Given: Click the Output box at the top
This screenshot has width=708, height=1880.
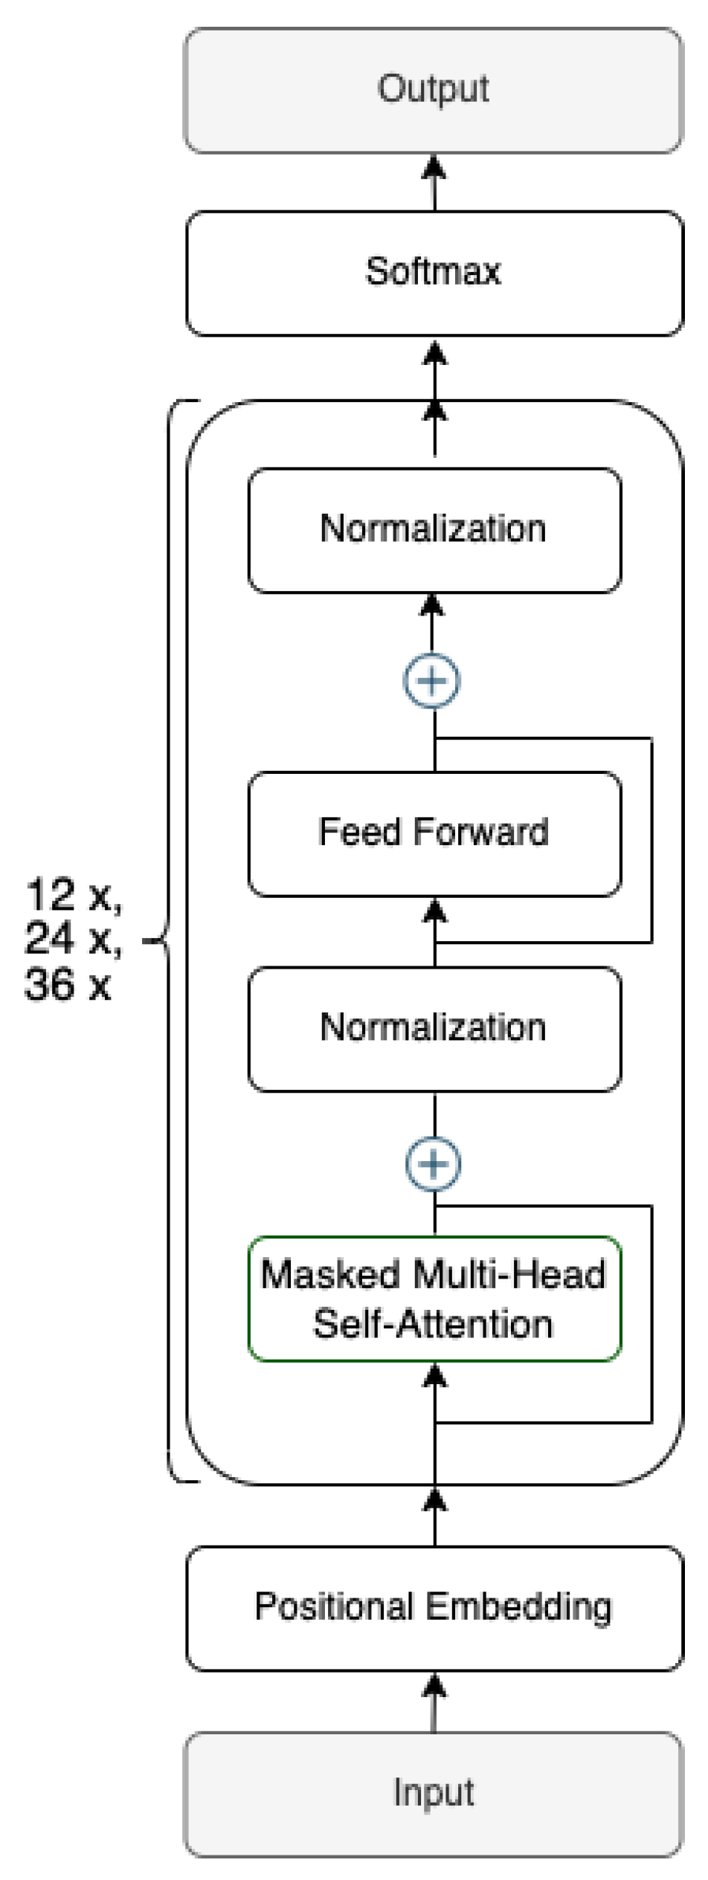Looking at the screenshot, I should pyautogui.click(x=434, y=91).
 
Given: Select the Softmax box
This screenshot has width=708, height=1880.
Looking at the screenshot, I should pyautogui.click(x=434, y=273).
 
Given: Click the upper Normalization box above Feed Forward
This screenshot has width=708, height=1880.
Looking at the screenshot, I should pyautogui.click(x=434, y=530).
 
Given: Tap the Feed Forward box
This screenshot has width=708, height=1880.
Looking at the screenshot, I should pyautogui.click(x=434, y=833).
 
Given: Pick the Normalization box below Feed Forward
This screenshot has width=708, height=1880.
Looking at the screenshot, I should pyautogui.click(x=434, y=1029).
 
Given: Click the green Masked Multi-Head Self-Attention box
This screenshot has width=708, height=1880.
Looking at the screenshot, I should pyautogui.click(x=434, y=1299).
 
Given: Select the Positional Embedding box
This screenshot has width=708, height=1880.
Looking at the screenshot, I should pyautogui.click(x=434, y=1608).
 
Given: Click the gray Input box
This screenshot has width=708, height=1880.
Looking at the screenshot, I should pyautogui.click(x=434, y=1792).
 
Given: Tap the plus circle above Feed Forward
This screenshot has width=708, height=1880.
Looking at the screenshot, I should pyautogui.click(x=432, y=680).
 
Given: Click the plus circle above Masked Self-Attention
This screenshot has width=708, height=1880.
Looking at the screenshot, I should pyautogui.click(x=433, y=1164).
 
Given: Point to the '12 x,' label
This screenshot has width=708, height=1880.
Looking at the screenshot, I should pyautogui.click(x=73, y=895).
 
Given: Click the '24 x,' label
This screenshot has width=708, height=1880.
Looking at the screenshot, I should pyautogui.click(x=73, y=939).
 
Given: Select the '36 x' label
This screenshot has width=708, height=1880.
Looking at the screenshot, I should pyautogui.click(x=67, y=984).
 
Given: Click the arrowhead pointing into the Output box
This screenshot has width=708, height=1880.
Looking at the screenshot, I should pyautogui.click(x=434, y=168).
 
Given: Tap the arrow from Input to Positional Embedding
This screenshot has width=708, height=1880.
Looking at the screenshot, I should pyautogui.click(x=434, y=1702).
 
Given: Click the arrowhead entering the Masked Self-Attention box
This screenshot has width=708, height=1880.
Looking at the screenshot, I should pyautogui.click(x=435, y=1377).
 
